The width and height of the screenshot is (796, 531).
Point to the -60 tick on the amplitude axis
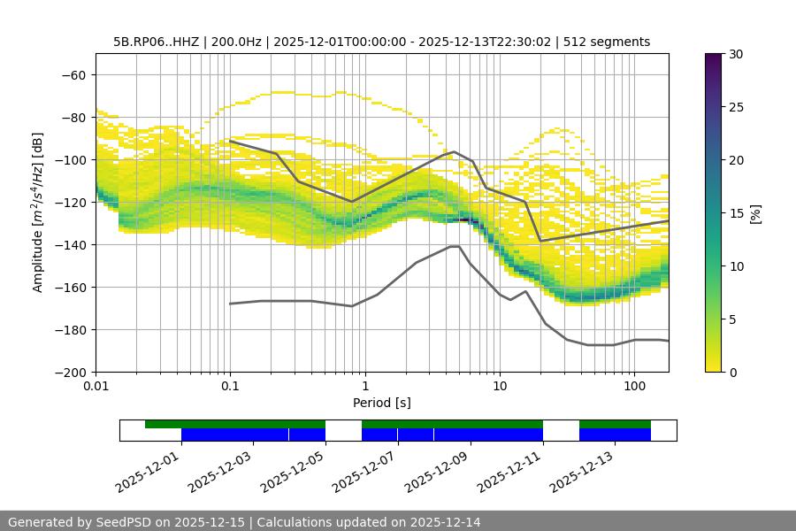pyautogui.click(x=76, y=74)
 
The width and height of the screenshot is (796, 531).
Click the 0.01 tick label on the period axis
pyautogui.click(x=96, y=387)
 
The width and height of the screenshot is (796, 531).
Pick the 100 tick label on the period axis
pyautogui.click(x=634, y=387)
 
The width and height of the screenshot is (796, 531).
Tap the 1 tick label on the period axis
pyautogui.click(x=365, y=387)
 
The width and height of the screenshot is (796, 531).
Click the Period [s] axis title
pyautogui.click(x=382, y=403)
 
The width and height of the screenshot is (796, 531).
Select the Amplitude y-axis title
pyautogui.click(x=38, y=212)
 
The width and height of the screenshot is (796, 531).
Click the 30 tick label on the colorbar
pyautogui.click(x=735, y=54)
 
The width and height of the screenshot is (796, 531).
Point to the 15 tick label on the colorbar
pyautogui.click(x=735, y=213)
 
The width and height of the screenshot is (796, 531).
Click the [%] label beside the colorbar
pyautogui.click(x=755, y=213)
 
